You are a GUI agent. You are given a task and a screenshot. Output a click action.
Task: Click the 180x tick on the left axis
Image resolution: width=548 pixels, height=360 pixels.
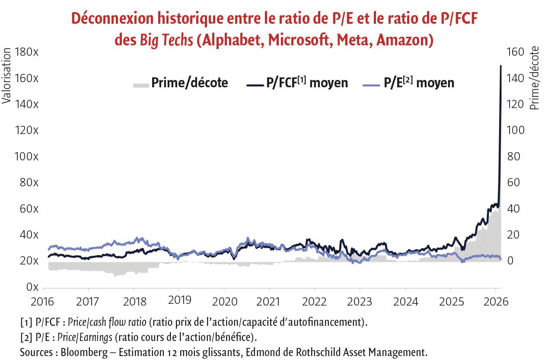(x=26, y=52)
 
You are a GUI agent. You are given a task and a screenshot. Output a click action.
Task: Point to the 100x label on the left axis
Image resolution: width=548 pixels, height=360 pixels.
(x=26, y=156)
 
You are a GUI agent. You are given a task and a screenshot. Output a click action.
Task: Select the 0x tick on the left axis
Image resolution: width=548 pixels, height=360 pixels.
(x=32, y=287)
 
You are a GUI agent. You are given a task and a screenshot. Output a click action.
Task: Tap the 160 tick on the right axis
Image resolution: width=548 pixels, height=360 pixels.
(x=515, y=52)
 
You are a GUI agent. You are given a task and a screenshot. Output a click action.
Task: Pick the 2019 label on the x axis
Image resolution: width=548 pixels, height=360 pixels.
(x=179, y=300)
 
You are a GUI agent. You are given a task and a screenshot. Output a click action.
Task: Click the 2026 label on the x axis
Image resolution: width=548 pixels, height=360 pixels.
(x=495, y=300)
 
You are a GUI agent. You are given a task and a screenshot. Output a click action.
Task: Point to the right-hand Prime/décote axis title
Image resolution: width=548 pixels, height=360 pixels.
(x=534, y=78)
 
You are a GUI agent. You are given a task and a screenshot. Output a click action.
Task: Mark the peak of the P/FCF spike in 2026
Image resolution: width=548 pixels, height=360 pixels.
(x=500, y=66)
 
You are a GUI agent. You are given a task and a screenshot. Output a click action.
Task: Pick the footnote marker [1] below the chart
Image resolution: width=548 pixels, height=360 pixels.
(x=26, y=322)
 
